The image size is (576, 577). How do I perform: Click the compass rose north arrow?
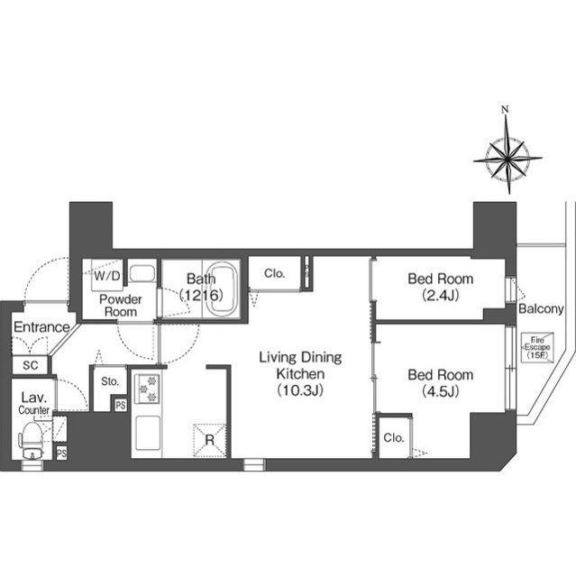tap(507, 151)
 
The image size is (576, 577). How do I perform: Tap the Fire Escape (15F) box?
tap(537, 347)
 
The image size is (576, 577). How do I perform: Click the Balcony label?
tap(541, 308)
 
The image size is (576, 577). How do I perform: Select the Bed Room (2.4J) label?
tap(440, 287)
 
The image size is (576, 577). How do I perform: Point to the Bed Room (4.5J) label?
tap(440, 382)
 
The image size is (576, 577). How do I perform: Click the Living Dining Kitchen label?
tap(300, 373)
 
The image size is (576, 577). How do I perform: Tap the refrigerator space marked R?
tap(210, 440)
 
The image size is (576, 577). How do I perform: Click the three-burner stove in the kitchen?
tap(147, 389)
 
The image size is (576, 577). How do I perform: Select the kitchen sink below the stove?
tap(148, 433)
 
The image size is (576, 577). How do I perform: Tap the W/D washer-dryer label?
tap(107, 276)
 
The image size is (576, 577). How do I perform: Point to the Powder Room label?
tap(120, 306)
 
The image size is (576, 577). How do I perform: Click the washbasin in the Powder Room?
tap(142, 273)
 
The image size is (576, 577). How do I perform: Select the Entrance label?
tap(41, 326)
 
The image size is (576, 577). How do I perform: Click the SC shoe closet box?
tap(30, 365)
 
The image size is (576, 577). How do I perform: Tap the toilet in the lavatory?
tap(32, 440)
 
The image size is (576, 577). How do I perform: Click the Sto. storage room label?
tap(110, 381)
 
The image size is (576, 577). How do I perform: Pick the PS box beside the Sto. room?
tap(121, 405)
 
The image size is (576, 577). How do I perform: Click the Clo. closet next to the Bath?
tap(275, 273)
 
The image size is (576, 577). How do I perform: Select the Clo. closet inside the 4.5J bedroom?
tap(394, 437)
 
